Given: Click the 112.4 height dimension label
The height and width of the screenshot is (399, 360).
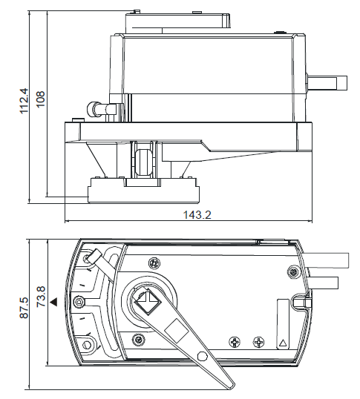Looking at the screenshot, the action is (x=24, y=101).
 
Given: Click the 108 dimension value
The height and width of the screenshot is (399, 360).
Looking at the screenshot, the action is (x=41, y=99).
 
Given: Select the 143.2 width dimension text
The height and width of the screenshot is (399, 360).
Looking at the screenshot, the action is (x=197, y=215).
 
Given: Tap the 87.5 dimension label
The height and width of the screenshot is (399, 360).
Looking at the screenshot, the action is (x=24, y=307).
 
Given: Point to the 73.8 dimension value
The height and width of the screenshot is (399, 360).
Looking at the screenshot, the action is (x=41, y=297).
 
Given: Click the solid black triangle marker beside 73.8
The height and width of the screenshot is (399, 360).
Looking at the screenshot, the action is (x=53, y=303).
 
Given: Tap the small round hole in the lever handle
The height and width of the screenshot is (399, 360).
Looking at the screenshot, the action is (x=202, y=356).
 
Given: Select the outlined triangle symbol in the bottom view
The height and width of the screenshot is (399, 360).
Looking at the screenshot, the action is (x=282, y=343).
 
